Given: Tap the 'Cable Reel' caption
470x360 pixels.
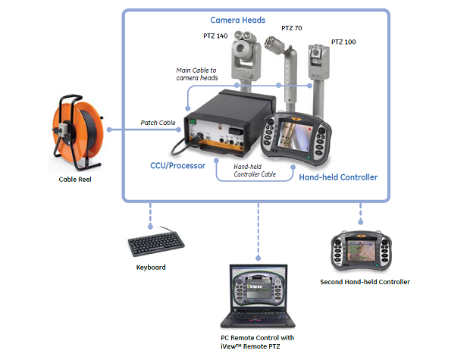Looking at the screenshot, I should click(77, 180).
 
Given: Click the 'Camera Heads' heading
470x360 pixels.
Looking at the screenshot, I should click(237, 20).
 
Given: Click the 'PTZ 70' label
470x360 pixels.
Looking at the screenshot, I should click(292, 28).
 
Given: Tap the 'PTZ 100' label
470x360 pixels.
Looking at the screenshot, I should click(343, 42).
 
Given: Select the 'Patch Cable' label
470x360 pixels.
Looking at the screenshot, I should click(158, 122).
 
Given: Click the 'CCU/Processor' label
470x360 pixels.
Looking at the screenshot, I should click(177, 164).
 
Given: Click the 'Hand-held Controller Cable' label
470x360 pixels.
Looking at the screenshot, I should click(254, 170).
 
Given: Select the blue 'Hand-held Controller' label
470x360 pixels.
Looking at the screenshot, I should click(339, 177).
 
